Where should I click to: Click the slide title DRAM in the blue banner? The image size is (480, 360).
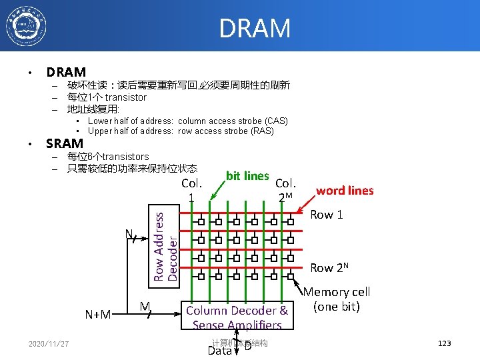coord(255,29)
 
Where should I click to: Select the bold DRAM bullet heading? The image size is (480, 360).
coord(66,72)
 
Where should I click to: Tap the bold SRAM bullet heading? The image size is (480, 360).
coord(64,143)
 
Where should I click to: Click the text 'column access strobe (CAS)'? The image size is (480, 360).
coord(233,121)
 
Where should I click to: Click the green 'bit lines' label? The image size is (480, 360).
coord(247,176)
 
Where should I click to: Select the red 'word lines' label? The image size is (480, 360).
coord(345,191)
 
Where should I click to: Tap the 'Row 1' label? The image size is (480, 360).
coord(327,215)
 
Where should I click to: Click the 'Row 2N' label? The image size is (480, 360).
coord(330,267)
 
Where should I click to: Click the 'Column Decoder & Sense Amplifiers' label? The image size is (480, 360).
coord(237,317)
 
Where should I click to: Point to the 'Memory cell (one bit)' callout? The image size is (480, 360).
coord(337,299)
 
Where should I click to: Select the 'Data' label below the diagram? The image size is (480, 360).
coord(219,351)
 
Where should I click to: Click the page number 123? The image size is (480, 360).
coord(444,343)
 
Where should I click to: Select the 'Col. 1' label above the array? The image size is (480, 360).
coord(191,190)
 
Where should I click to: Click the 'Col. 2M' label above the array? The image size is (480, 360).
coord(285,189)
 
